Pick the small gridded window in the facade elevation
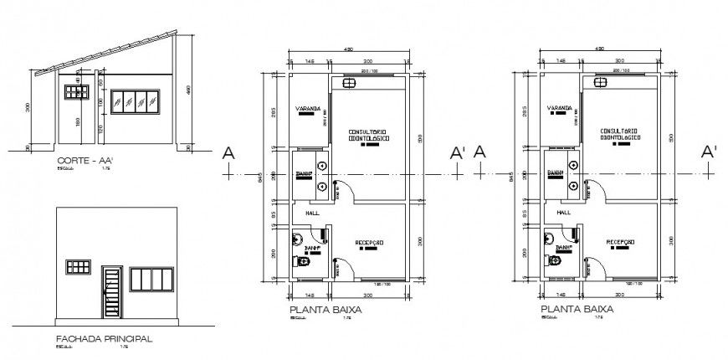[x=79, y=267]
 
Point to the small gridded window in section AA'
[x=77, y=91]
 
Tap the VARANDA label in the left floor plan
[x=307, y=109]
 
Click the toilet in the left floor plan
[x=302, y=262]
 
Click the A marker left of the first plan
[x=228, y=152]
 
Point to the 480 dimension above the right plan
[x=599, y=49]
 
